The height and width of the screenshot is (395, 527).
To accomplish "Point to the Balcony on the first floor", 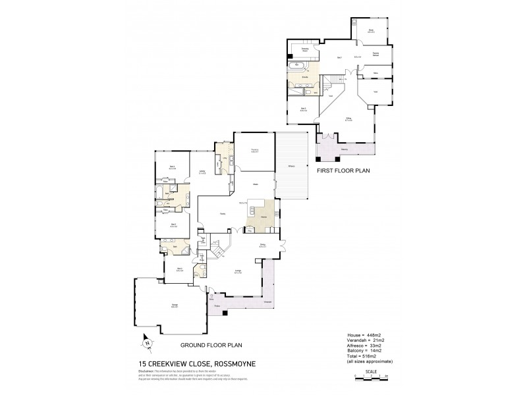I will coord(344,149).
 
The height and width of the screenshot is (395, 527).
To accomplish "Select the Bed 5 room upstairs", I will coord(303,109).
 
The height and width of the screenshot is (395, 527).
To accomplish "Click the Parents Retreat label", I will coord(374,57).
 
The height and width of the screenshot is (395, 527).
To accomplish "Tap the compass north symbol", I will coord(148,342).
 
